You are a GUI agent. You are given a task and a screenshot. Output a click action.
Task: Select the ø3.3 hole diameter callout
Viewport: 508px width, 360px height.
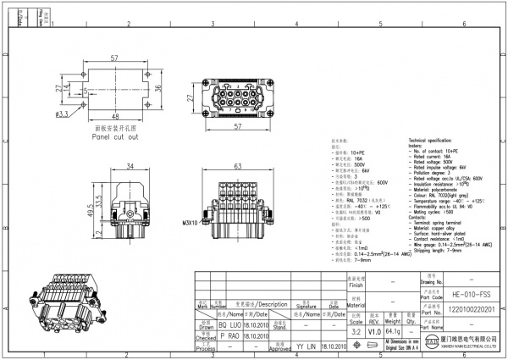coord(63,113)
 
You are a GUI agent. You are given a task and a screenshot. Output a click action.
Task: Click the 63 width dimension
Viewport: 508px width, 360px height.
coord(239,167)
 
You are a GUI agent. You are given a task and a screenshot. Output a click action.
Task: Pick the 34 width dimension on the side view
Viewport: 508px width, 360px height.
coord(130,167)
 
